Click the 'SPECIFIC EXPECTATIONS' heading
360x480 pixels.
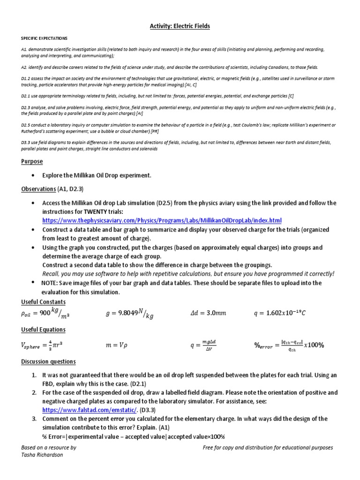45,38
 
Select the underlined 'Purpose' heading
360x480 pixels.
32,161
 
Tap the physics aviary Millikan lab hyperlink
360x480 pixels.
162,220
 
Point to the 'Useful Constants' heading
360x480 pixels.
44,301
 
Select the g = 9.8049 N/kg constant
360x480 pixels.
129,314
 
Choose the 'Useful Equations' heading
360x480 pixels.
44,330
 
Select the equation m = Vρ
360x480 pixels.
117,345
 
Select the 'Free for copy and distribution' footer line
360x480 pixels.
268,448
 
